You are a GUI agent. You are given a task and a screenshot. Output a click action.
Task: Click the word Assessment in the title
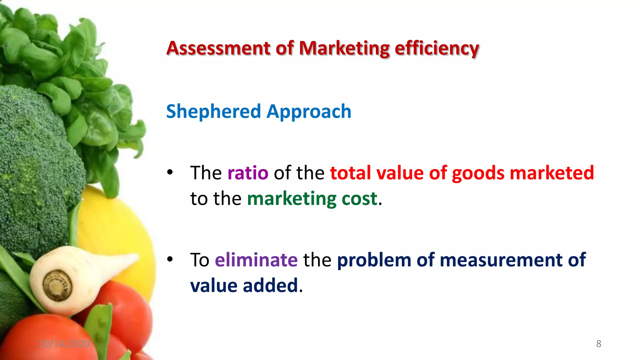[218, 48]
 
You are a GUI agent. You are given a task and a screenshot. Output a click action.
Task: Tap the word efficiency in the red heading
[437, 49]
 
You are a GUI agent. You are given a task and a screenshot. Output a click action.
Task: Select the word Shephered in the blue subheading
[213, 112]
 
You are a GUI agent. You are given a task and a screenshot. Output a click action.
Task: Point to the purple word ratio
[248, 173]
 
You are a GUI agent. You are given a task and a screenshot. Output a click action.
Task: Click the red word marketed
[552, 173]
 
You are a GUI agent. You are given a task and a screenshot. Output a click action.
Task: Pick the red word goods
[478, 173]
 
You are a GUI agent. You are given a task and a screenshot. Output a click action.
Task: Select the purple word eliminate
[256, 260]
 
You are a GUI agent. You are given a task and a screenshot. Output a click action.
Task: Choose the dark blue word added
[270, 286]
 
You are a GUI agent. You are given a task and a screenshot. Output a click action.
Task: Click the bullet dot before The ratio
[170, 172]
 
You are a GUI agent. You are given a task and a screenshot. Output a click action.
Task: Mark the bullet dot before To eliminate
[170, 259]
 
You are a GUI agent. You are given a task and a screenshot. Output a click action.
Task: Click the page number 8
[598, 344]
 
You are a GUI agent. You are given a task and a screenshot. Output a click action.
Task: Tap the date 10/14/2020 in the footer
[64, 344]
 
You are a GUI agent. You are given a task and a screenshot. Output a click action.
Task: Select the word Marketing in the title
[344, 48]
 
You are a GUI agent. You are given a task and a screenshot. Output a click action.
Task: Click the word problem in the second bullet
[374, 260]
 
